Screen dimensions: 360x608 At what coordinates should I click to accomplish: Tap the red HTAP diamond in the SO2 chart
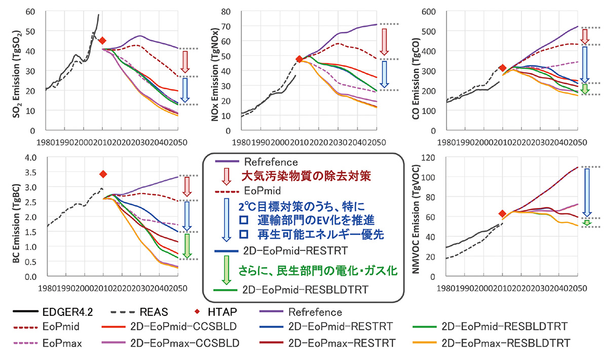[102, 41]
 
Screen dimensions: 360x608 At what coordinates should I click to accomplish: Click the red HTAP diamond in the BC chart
[103, 174]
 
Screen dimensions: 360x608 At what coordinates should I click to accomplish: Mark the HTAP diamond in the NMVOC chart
[502, 213]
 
